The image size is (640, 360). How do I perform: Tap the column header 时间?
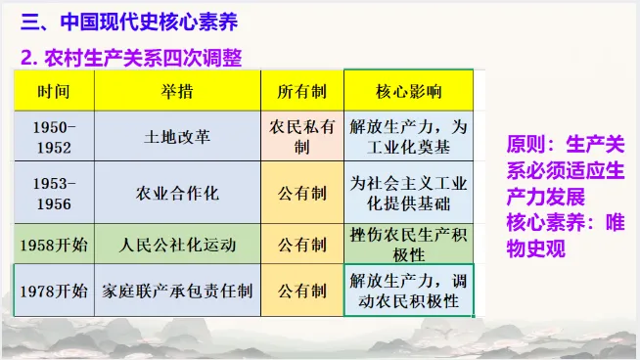(x=54, y=91)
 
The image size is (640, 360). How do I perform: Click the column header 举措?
(x=177, y=91)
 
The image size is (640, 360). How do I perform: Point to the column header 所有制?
(x=302, y=91)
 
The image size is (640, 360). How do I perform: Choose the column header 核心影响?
(x=408, y=91)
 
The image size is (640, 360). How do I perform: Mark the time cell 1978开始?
(x=54, y=291)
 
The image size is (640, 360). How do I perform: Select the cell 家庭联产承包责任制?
(x=177, y=291)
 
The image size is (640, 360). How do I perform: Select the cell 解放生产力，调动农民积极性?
(x=408, y=291)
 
